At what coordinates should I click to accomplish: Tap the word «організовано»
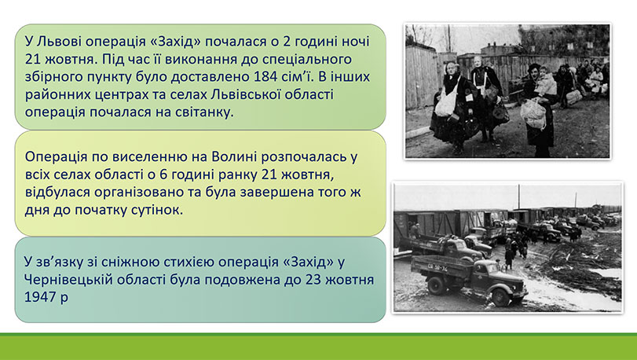138,193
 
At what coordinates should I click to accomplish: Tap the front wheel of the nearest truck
501,296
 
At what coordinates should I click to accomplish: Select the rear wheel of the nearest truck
435,285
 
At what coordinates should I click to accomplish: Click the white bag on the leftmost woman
445,103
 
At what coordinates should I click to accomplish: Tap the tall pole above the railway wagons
518,197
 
